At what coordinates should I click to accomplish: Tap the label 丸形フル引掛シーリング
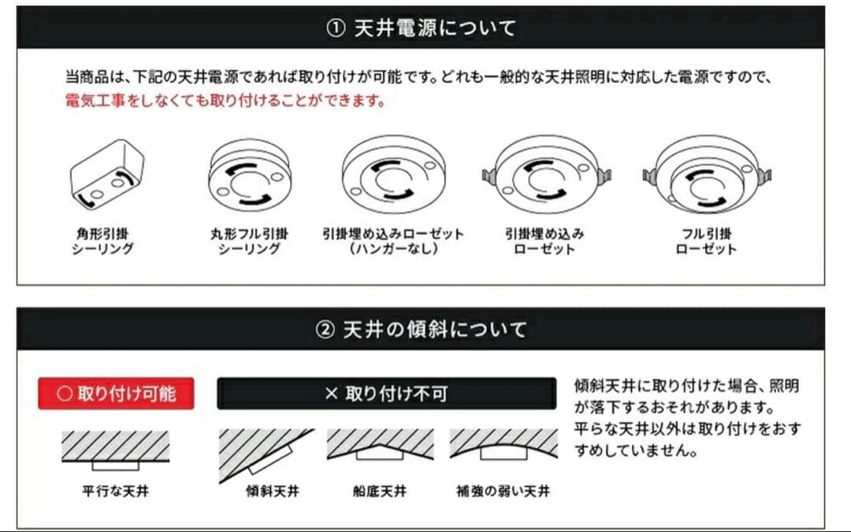pos(249,241)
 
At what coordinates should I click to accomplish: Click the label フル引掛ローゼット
pos(706,241)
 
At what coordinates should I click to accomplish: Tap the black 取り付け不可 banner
pos(386,393)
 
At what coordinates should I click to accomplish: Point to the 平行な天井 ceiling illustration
pos(115,450)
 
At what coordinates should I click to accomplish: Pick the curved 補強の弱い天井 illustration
pos(503,447)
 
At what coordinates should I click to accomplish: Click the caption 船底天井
pos(380,491)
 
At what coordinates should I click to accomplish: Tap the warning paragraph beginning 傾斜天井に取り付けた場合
pos(687,419)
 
